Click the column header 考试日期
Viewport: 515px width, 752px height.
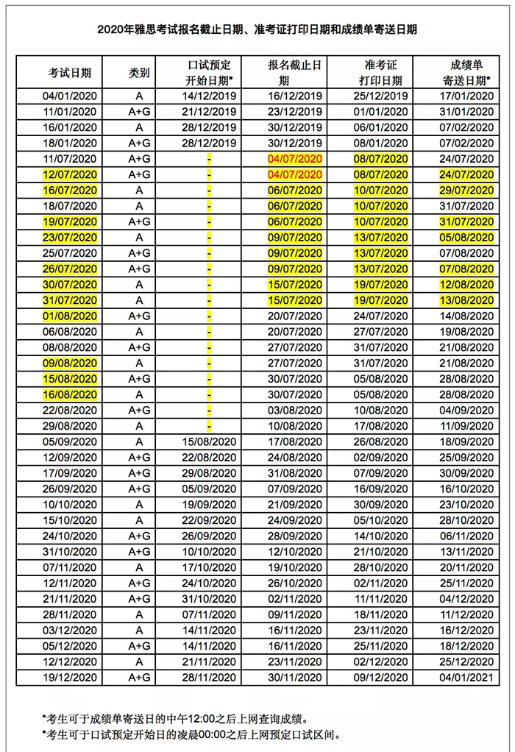(x=70, y=73)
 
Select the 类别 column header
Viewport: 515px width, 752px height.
(x=139, y=73)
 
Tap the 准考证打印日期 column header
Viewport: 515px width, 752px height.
(x=381, y=73)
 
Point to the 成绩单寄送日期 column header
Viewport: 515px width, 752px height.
(x=466, y=73)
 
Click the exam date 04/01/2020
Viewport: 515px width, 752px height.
(x=70, y=96)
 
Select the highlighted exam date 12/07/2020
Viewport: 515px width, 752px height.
(x=70, y=174)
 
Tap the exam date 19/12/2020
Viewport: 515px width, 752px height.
(x=70, y=676)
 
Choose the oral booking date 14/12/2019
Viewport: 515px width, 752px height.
(x=210, y=96)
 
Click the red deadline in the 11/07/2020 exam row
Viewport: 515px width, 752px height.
(x=295, y=159)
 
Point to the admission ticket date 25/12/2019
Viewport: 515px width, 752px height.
(x=381, y=96)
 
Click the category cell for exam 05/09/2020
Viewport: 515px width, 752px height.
(x=139, y=441)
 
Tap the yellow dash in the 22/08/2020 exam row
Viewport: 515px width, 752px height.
(x=209, y=410)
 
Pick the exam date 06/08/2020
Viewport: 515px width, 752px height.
(x=70, y=331)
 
